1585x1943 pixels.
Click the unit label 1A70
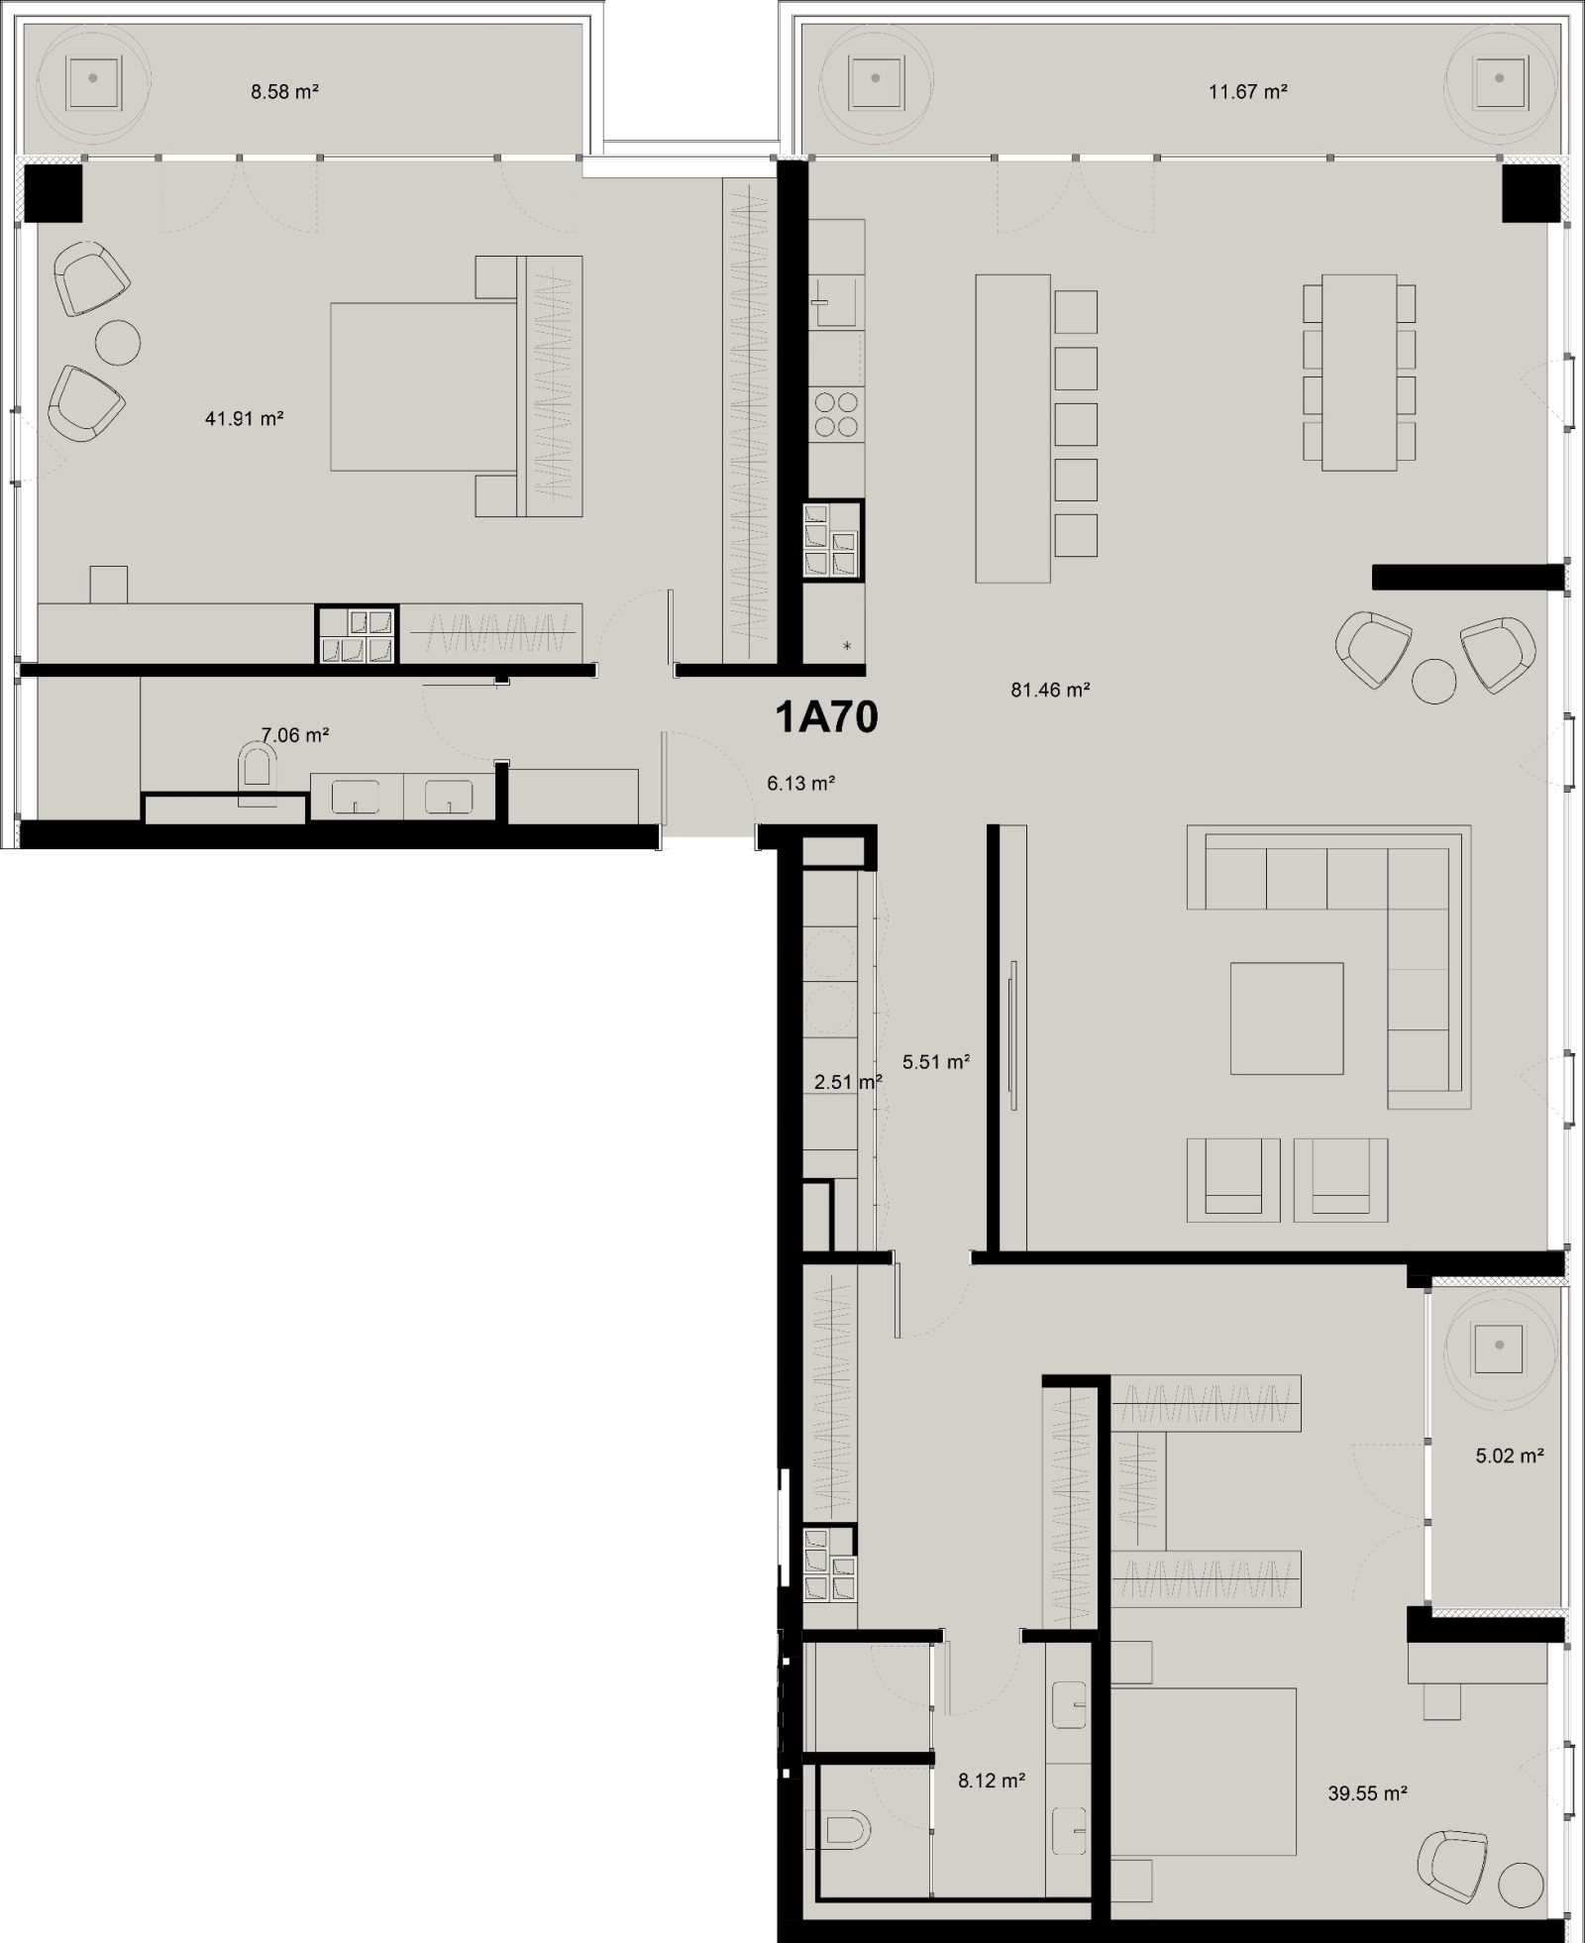(x=826, y=716)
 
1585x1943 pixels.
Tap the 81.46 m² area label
(x=1050, y=690)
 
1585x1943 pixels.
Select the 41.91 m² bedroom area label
(x=244, y=418)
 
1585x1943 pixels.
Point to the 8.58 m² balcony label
(x=284, y=92)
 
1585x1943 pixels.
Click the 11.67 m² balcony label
(x=1247, y=92)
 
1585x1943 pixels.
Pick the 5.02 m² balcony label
(x=1510, y=1456)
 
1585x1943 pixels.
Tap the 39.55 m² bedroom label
(x=1367, y=1793)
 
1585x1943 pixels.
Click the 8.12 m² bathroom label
(x=991, y=1781)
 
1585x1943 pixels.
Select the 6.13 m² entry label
(x=800, y=783)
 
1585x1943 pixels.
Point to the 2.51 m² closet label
(x=847, y=1082)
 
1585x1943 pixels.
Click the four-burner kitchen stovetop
(x=836, y=414)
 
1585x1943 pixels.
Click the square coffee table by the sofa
(x=1287, y=1018)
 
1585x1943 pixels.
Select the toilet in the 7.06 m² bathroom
(x=257, y=773)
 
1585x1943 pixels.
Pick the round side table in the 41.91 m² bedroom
(x=118, y=343)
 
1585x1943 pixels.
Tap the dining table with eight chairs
(x=1359, y=373)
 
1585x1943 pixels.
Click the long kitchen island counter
(x=1012, y=428)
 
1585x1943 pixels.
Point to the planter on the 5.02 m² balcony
(x=1499, y=1345)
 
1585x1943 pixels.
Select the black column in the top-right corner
(x=1531, y=193)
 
